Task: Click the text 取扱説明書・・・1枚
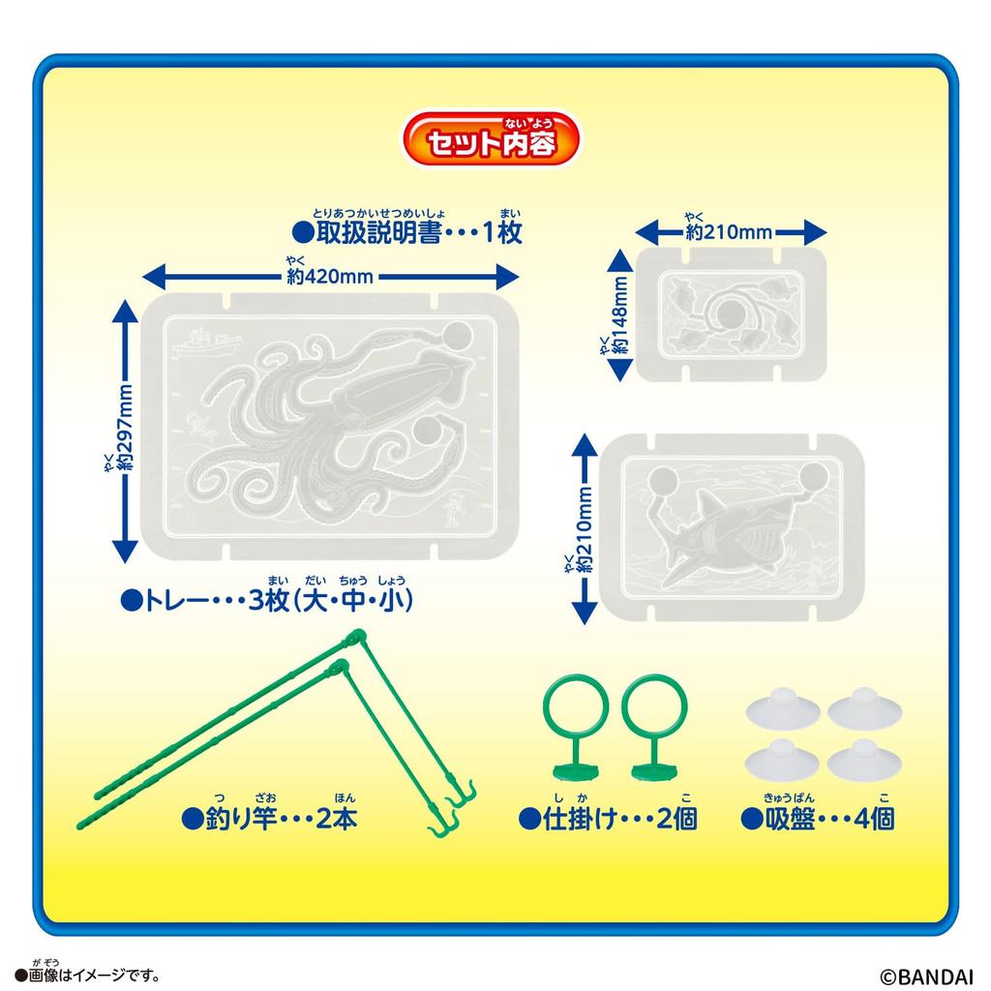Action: [x=406, y=233]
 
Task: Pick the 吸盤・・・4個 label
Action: [x=818, y=819]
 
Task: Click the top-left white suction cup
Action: [x=782, y=711]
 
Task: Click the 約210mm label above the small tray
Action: [x=731, y=232]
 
